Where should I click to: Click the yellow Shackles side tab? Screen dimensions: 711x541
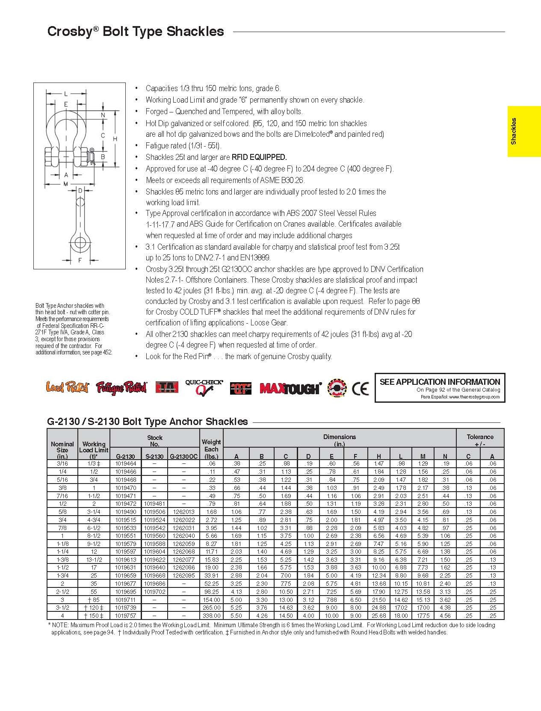pyautogui.click(x=524, y=131)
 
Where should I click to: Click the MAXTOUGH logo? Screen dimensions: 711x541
pyautogui.click(x=290, y=388)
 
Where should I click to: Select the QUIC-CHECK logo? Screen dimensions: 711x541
pyautogui.click(x=204, y=387)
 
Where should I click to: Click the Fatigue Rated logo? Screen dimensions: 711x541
pyautogui.click(x=121, y=387)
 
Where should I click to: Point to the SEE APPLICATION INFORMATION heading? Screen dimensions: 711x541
pyautogui.click(x=440, y=382)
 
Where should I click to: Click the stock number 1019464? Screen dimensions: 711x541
pyautogui.click(x=125, y=463)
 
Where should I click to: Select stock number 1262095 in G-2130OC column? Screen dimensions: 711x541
pyautogui.click(x=183, y=575)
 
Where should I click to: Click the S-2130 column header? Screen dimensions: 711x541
pyautogui.click(x=154, y=456)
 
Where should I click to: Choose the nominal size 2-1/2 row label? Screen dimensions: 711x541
pyautogui.click(x=62, y=592)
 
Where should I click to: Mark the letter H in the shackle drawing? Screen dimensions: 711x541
pyautogui.click(x=115, y=139)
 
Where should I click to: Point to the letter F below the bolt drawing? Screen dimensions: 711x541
pyautogui.click(x=80, y=260)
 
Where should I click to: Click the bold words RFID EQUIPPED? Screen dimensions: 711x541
pyautogui.click(x=259, y=157)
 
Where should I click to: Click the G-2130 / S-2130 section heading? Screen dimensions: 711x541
pyautogui.click(x=147, y=422)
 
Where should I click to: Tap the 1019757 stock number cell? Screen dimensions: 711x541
pyautogui.click(x=125, y=616)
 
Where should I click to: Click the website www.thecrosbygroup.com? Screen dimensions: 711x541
pyautogui.click(x=474, y=397)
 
